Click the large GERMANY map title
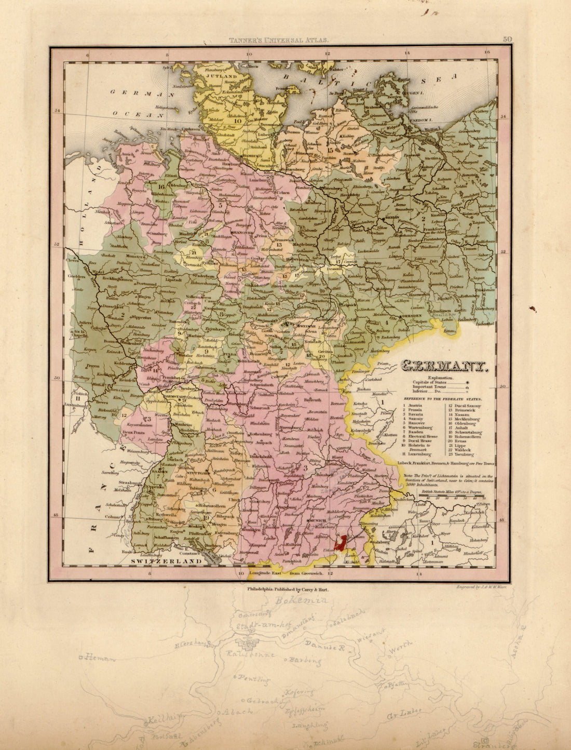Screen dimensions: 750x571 [446, 367]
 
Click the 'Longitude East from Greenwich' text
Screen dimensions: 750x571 [288, 573]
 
